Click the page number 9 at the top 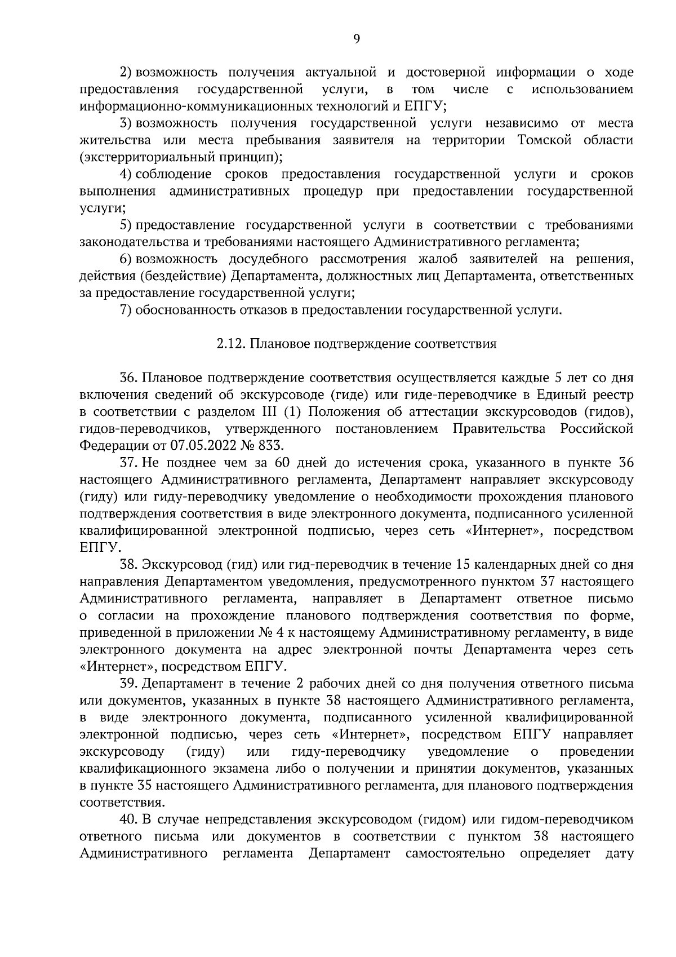(x=356, y=38)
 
